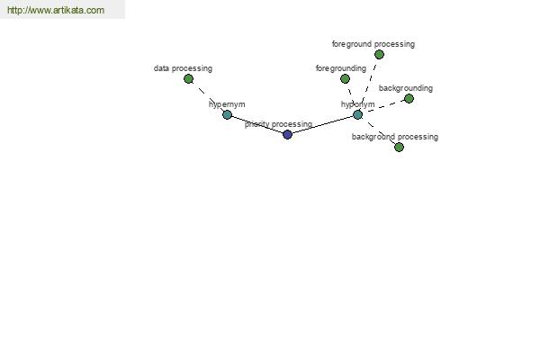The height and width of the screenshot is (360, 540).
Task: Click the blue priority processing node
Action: [x=287, y=134]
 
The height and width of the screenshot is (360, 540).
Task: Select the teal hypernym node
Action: [x=227, y=114]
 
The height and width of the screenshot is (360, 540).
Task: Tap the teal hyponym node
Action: [x=358, y=114]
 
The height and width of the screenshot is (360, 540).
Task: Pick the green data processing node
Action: [x=188, y=79]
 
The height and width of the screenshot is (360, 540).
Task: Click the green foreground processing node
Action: [x=379, y=54]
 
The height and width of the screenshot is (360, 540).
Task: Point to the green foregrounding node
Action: [x=345, y=79]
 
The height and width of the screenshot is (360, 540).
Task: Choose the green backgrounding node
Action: [x=409, y=98]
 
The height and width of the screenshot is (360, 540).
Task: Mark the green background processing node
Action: [x=399, y=147]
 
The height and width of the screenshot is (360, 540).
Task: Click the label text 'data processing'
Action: [x=183, y=68]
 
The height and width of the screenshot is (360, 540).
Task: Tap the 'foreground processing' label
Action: [x=373, y=44]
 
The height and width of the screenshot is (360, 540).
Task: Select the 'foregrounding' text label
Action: [x=341, y=68]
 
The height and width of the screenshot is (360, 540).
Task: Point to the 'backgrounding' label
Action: [x=406, y=88]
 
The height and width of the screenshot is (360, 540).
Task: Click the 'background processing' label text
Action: [x=395, y=137]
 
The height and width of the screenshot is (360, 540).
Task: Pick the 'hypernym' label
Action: [x=227, y=104]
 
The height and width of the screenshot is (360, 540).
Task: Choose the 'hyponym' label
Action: [x=358, y=104]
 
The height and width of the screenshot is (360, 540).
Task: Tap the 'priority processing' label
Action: [x=278, y=124]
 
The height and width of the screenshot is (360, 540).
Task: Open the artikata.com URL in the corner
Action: [x=56, y=10]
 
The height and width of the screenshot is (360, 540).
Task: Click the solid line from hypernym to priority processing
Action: [x=257, y=125]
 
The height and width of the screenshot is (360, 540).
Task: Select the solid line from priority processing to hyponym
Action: [x=323, y=125]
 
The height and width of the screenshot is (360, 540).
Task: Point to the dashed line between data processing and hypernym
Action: [x=208, y=97]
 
